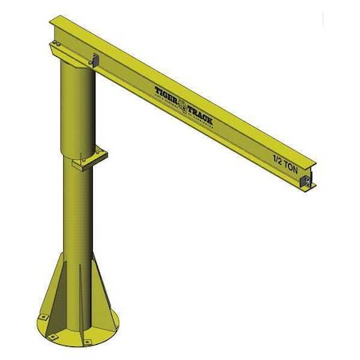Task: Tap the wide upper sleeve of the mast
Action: (x=78, y=108)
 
